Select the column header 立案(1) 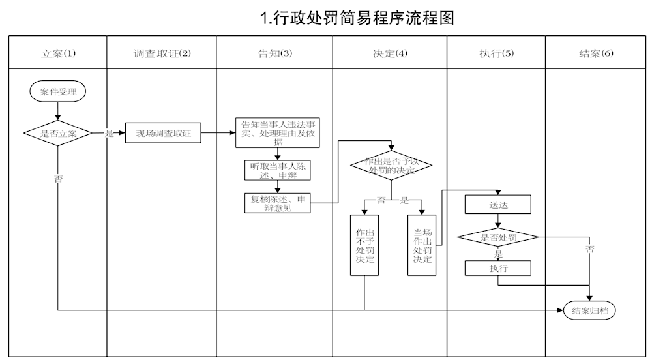(x=58, y=53)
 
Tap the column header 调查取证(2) (x=161, y=53)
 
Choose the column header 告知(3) (x=274, y=53)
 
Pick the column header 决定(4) (x=390, y=53)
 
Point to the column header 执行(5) (x=496, y=53)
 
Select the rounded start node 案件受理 (x=58, y=91)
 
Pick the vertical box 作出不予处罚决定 (x=364, y=245)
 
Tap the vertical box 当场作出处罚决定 (x=422, y=245)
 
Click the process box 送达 (x=498, y=204)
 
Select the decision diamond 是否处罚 (x=498, y=237)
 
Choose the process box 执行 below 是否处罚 (x=498, y=267)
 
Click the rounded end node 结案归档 (x=589, y=310)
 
